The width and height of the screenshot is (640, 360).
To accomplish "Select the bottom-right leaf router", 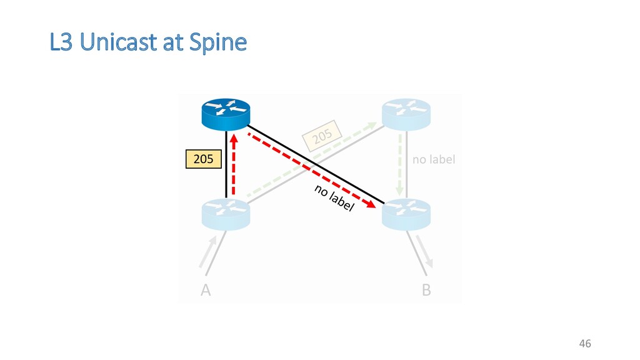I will (x=406, y=214).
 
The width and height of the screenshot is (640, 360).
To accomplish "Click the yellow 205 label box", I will (x=203, y=160).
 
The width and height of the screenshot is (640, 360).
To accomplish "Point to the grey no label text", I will (x=434, y=159).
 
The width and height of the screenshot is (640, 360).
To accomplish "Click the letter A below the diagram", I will (x=205, y=291).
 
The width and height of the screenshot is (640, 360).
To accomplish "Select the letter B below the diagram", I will (x=426, y=291).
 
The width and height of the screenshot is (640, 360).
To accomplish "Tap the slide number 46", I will (x=585, y=343).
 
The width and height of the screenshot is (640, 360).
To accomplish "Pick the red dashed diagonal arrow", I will (x=312, y=168).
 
